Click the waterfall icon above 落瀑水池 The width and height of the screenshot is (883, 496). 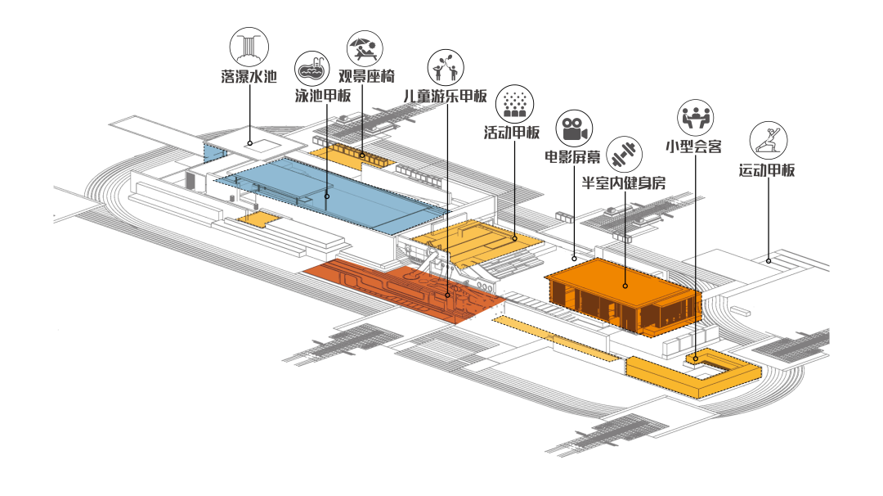click(249, 47)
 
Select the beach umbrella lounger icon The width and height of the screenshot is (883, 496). click(363, 49)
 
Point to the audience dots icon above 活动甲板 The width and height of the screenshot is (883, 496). click(513, 103)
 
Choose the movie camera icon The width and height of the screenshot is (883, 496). click(574, 129)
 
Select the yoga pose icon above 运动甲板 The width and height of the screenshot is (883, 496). click(769, 140)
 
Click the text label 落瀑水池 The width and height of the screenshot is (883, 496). click(249, 78)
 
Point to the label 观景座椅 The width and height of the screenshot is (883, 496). click(367, 77)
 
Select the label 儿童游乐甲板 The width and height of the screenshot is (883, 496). click(446, 96)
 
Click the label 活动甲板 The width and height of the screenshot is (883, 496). click(513, 132)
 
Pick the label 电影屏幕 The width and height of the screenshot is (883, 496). click(573, 156)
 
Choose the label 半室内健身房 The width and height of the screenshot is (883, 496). click(623, 183)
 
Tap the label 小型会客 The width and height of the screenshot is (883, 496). click(693, 147)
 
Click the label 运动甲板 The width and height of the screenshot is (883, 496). click(767, 170)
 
